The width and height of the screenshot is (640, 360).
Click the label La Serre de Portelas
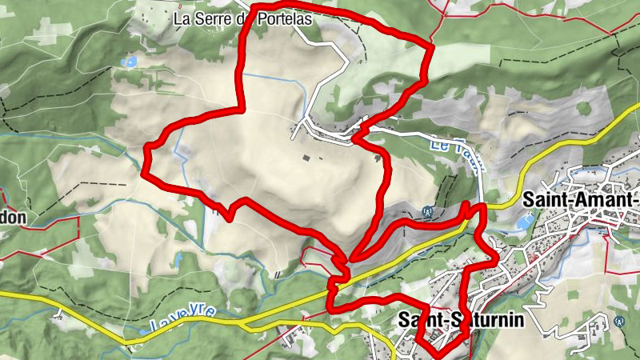[x=243, y=16]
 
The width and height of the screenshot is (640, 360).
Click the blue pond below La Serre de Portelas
[x=127, y=62]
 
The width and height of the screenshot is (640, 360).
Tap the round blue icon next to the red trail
[x=428, y=213]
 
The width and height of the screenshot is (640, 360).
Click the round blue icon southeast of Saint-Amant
[x=621, y=322]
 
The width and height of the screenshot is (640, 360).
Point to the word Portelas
[x=284, y=16]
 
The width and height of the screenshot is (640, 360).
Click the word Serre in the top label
[x=215, y=16]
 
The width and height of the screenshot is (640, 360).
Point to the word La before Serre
[x=184, y=16]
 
